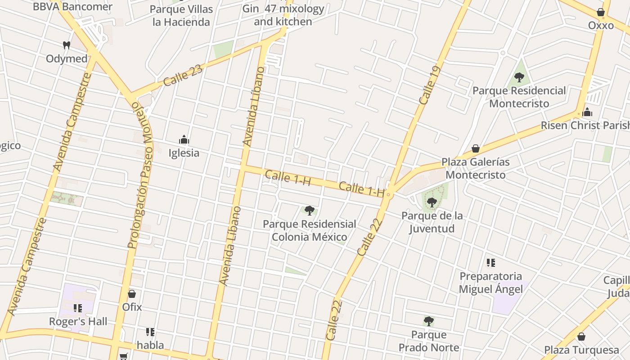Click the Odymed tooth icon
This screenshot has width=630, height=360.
(x=67, y=45)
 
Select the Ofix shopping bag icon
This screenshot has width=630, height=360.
(x=132, y=294)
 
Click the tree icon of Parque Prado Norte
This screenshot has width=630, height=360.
(x=429, y=321)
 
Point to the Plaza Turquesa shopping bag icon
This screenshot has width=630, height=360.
(x=581, y=337)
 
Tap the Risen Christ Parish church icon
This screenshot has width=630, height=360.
(x=587, y=112)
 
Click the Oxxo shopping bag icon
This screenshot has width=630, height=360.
(x=600, y=12)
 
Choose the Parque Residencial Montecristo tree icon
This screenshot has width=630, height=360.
(x=519, y=77)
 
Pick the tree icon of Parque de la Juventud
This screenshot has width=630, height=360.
(x=432, y=202)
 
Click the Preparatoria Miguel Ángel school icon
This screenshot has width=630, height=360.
(x=491, y=262)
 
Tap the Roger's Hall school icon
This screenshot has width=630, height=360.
(x=78, y=308)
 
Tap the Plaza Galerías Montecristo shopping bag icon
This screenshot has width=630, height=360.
(x=476, y=148)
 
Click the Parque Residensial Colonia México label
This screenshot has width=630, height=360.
(x=310, y=230)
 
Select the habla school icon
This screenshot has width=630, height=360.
(x=150, y=332)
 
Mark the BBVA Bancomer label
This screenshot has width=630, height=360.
(x=72, y=7)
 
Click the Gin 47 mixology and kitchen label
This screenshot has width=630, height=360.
(x=283, y=15)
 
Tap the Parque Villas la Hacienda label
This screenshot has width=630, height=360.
(x=181, y=16)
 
